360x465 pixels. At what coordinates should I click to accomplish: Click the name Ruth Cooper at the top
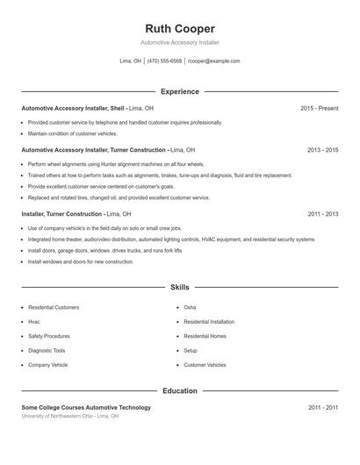coord(179,28)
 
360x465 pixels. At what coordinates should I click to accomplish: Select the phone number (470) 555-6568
coord(164,61)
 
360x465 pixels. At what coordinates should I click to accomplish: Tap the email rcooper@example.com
coord(213,61)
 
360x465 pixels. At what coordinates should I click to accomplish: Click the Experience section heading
coord(180,91)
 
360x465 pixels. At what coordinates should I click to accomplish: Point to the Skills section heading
coord(180,287)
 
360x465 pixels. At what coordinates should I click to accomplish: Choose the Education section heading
coord(180,390)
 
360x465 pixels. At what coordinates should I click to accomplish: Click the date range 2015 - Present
coord(319,108)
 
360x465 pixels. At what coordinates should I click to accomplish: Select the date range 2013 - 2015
coord(322,150)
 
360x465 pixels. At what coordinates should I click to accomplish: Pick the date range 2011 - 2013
coord(322,214)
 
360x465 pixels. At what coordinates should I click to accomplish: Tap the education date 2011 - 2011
coord(322,408)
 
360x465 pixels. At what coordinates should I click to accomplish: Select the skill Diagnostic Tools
coord(47,350)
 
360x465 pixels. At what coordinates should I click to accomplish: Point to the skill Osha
coord(190,308)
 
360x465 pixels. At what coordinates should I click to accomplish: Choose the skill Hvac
coord(34,322)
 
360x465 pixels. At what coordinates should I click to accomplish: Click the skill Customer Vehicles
coord(205,364)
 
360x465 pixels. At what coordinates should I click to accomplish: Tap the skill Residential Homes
coord(205,336)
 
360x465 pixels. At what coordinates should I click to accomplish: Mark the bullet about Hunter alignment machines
coord(116,164)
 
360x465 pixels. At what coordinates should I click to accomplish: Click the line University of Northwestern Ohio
coord(70,416)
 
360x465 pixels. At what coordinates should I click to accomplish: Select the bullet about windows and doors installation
coord(81,261)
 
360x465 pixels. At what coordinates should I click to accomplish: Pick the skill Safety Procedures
coord(49,336)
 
